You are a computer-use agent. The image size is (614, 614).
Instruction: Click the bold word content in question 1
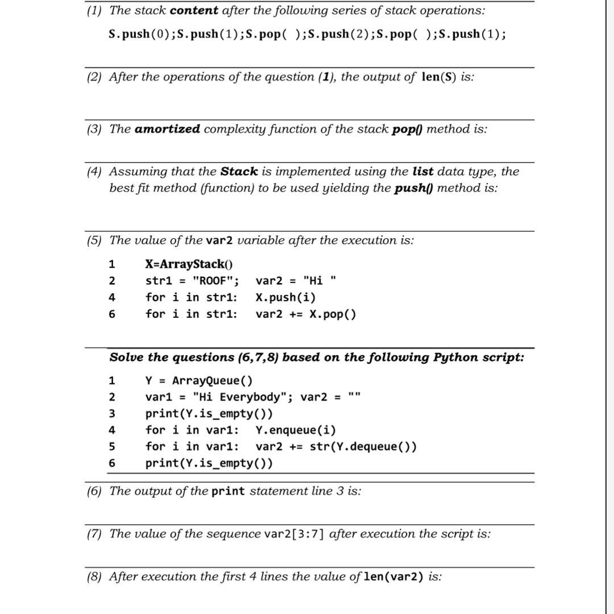click(x=194, y=10)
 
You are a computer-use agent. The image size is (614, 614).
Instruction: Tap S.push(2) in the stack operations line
click(x=335, y=34)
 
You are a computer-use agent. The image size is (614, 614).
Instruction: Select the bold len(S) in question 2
click(x=439, y=77)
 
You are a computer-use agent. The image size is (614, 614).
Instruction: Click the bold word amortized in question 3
click(x=167, y=129)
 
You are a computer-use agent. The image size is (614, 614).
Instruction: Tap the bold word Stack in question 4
click(x=239, y=171)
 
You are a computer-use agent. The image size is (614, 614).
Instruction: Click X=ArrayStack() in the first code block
click(x=189, y=264)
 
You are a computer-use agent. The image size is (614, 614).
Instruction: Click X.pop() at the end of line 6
click(x=333, y=314)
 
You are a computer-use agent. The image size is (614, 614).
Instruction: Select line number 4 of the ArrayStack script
click(x=112, y=297)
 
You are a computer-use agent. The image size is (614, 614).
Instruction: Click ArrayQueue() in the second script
click(x=213, y=380)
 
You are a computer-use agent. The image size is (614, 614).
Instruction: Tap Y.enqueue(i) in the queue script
click(x=296, y=430)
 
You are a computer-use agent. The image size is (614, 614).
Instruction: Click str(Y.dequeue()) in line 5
click(x=363, y=446)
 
